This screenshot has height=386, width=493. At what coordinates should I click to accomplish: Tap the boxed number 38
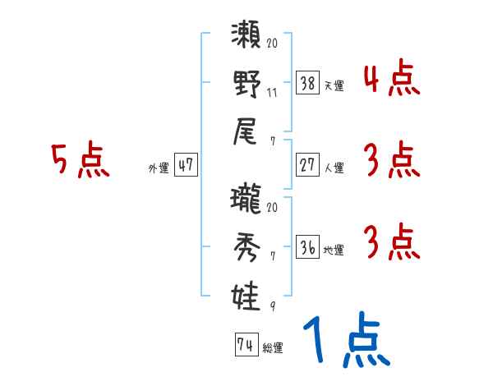[307, 82]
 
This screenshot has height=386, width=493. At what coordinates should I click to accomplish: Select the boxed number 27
[307, 165]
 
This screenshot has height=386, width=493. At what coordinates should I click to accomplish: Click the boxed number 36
[307, 247]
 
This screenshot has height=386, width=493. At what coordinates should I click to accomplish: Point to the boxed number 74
[244, 345]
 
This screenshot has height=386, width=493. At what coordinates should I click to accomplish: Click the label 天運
[334, 85]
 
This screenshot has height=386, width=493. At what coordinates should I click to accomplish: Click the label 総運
[272, 348]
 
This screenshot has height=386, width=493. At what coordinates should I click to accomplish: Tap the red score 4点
[390, 80]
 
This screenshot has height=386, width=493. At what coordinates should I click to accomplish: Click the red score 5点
[81, 161]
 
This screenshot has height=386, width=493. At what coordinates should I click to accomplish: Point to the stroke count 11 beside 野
[272, 92]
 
